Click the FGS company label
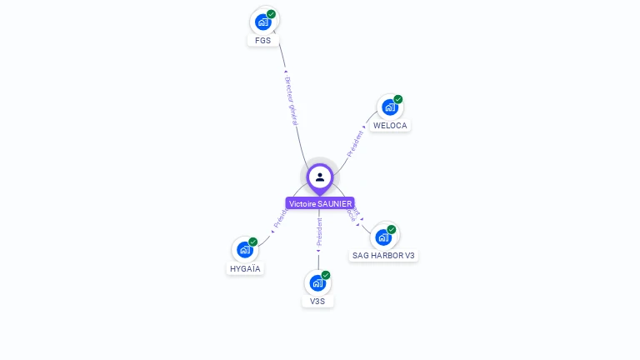click(263, 40)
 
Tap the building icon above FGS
click(263, 22)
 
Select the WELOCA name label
click(390, 126)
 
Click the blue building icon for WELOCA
click(389, 107)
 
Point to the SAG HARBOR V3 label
click(383, 256)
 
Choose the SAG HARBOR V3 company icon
click(382, 237)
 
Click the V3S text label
click(317, 302)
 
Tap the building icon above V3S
click(317, 283)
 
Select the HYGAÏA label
click(245, 269)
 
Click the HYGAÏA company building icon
click(244, 249)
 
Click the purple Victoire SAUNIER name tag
click(320, 203)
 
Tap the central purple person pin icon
click(320, 177)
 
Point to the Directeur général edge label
click(291, 101)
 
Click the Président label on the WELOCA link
click(356, 143)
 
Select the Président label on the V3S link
click(318, 232)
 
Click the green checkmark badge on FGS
click(272, 14)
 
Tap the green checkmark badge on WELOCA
click(398, 99)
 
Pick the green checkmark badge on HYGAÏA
click(252, 242)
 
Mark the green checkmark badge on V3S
click(326, 275)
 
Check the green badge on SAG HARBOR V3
click(392, 229)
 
